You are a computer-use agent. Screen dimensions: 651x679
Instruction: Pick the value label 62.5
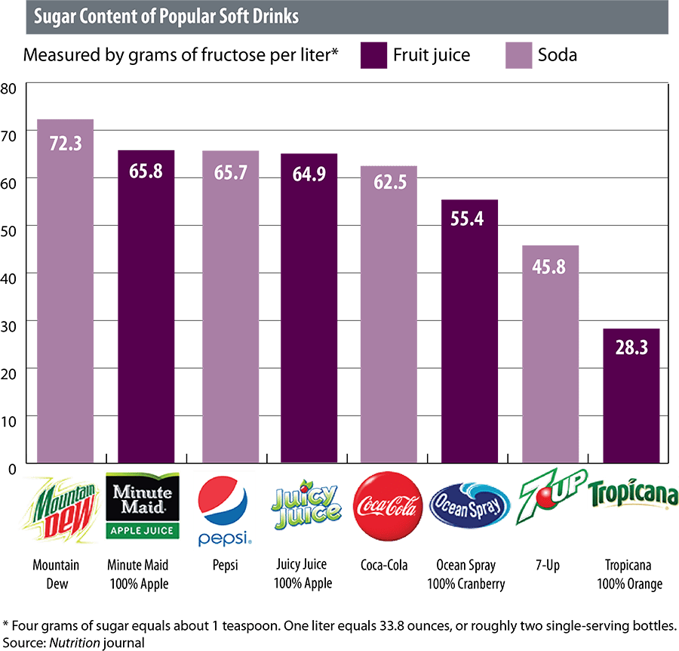388,184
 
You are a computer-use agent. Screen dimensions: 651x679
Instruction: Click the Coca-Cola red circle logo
386,506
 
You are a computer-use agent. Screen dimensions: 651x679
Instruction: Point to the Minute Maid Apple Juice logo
143,504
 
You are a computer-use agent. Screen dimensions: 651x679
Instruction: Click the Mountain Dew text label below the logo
54,573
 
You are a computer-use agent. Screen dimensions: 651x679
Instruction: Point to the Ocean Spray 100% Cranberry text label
467,573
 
